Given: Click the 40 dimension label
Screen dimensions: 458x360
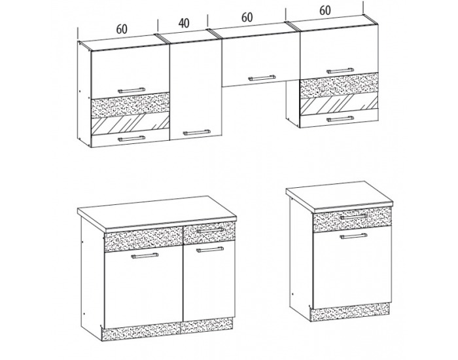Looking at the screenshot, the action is click(x=184, y=23).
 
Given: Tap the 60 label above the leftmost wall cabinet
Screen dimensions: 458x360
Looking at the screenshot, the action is click(x=122, y=29).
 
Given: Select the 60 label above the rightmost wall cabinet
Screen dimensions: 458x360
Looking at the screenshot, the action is click(x=325, y=10).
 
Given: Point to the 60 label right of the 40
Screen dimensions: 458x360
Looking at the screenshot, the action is click(x=247, y=17).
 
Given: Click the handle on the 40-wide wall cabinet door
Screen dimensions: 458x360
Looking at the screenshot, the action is click(x=196, y=132).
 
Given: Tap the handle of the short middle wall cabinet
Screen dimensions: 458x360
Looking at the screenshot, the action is click(x=262, y=78).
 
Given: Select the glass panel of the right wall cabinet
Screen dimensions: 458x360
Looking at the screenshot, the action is click(x=339, y=104).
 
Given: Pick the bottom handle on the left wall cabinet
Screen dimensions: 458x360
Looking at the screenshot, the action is click(x=132, y=138).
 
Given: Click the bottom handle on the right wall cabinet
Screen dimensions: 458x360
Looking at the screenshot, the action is click(x=340, y=119).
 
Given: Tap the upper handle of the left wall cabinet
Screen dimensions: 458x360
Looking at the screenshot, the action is click(x=132, y=90).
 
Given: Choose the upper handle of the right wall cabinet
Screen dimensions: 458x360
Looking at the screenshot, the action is click(x=340, y=71).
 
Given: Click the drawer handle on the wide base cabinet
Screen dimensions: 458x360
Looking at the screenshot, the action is click(x=210, y=230).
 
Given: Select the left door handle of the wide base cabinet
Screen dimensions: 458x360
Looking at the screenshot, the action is click(x=145, y=256).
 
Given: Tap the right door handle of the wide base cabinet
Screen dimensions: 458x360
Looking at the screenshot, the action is click(x=210, y=249).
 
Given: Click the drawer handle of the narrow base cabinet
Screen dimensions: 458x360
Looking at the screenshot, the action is click(x=354, y=217).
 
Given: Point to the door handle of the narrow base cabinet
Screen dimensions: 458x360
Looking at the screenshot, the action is click(x=354, y=236).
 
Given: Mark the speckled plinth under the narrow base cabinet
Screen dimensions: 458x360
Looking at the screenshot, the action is click(x=349, y=312).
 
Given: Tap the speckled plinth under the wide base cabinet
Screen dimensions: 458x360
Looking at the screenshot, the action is click(x=167, y=329).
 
